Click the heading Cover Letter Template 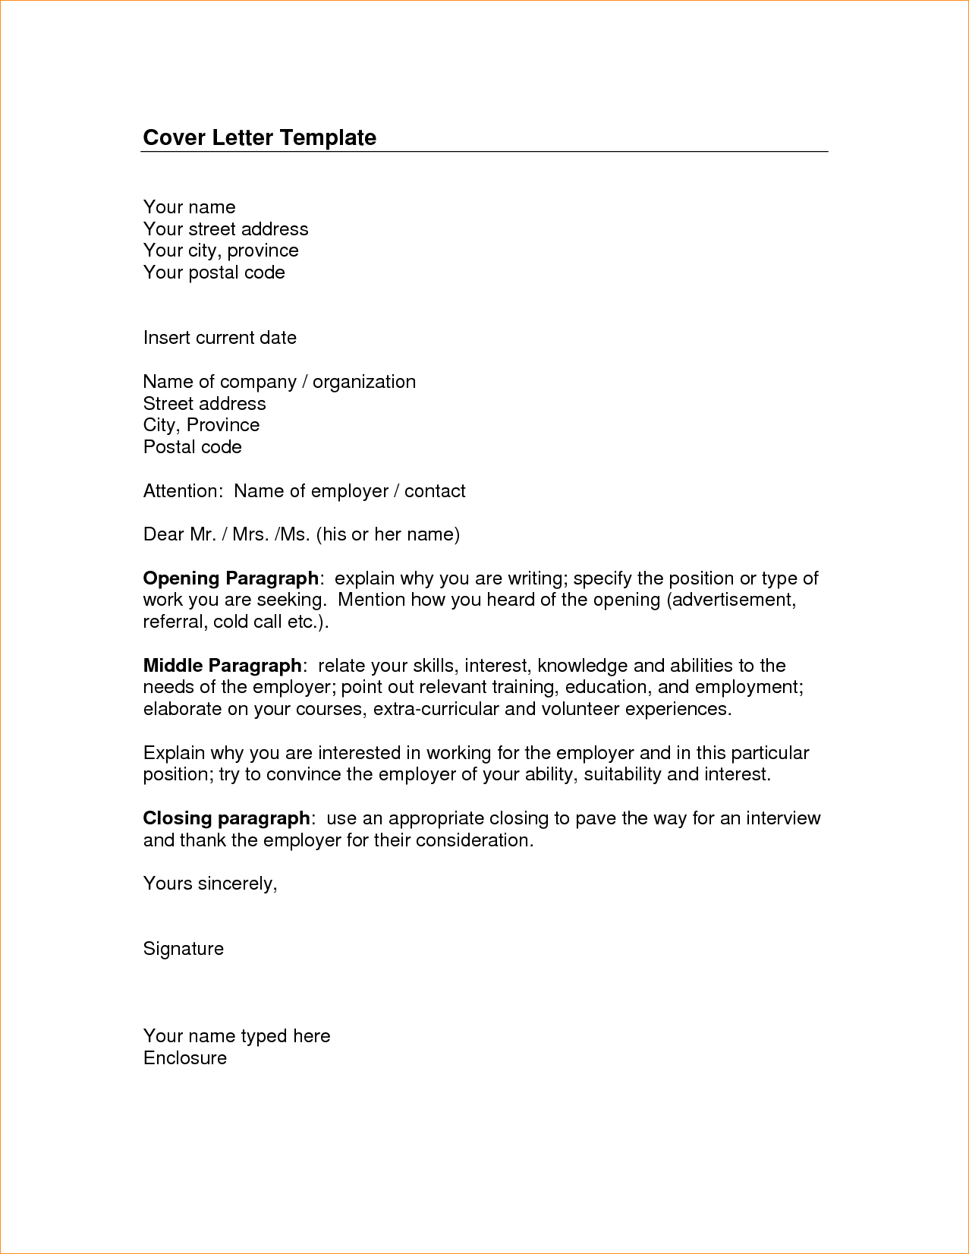pos(260,137)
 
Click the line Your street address pos(225,229)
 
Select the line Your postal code pos(214,273)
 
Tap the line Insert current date pos(219,338)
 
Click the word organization pos(364,382)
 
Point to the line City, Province pos(201,425)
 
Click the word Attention pos(181,491)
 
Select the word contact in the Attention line pos(435,491)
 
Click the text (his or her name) pos(388,534)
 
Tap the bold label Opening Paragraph pos(231,578)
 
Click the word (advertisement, pos(731,600)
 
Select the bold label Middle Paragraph pos(222,666)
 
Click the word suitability pos(622,774)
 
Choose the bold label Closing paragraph pos(226,818)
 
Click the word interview pos(783,818)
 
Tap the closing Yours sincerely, pos(210,884)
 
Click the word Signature pos(184,949)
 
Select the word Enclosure pos(185,1058)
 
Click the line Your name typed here pos(237,1036)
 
